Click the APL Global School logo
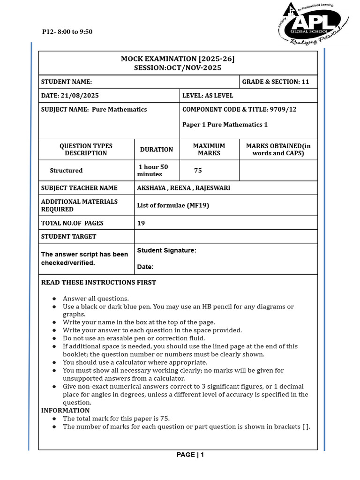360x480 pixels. pyautogui.click(x=313, y=24)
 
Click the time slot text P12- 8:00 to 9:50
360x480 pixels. pyautogui.click(x=67, y=32)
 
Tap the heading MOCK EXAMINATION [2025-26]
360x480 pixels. pyautogui.click(x=178, y=59)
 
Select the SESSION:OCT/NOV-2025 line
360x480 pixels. pyautogui.click(x=178, y=68)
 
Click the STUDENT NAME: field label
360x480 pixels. pyautogui.click(x=67, y=82)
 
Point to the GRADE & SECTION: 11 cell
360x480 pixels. pyautogui.click(x=276, y=82)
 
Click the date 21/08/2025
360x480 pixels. pyautogui.click(x=80, y=96)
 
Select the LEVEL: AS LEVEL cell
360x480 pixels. pyautogui.click(x=208, y=96)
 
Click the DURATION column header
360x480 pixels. pyautogui.click(x=157, y=150)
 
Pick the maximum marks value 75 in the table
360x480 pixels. pyautogui.click(x=198, y=171)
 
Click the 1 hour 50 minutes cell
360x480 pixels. pyautogui.click(x=152, y=171)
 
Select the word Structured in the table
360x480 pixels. pyautogui.click(x=66, y=171)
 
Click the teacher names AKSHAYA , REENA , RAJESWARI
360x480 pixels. pyautogui.click(x=184, y=188)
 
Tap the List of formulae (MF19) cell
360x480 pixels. pyautogui.click(x=173, y=205)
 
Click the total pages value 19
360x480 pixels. pyautogui.click(x=141, y=223)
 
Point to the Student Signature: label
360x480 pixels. pyautogui.click(x=166, y=251)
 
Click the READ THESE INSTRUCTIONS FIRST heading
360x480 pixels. pyautogui.click(x=98, y=283)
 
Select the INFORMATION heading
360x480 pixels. pyautogui.click(x=65, y=411)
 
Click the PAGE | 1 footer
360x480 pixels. pyautogui.click(x=190, y=455)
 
